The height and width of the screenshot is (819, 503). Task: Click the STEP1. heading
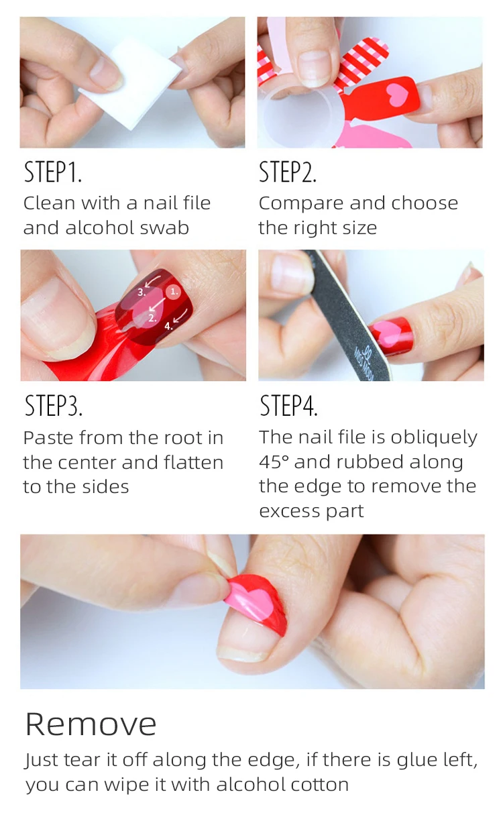(x=52, y=172)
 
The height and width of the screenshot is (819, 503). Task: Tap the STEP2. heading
(x=287, y=172)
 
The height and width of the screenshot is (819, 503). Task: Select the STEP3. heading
(x=54, y=406)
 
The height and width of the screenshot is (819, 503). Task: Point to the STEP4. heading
(x=288, y=406)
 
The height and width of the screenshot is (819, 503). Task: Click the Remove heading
(x=91, y=724)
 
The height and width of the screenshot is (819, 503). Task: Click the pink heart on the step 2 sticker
(x=397, y=94)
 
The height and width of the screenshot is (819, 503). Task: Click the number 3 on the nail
(x=142, y=292)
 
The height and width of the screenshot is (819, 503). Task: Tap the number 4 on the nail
(x=168, y=326)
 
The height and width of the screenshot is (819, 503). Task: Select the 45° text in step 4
(x=274, y=461)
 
